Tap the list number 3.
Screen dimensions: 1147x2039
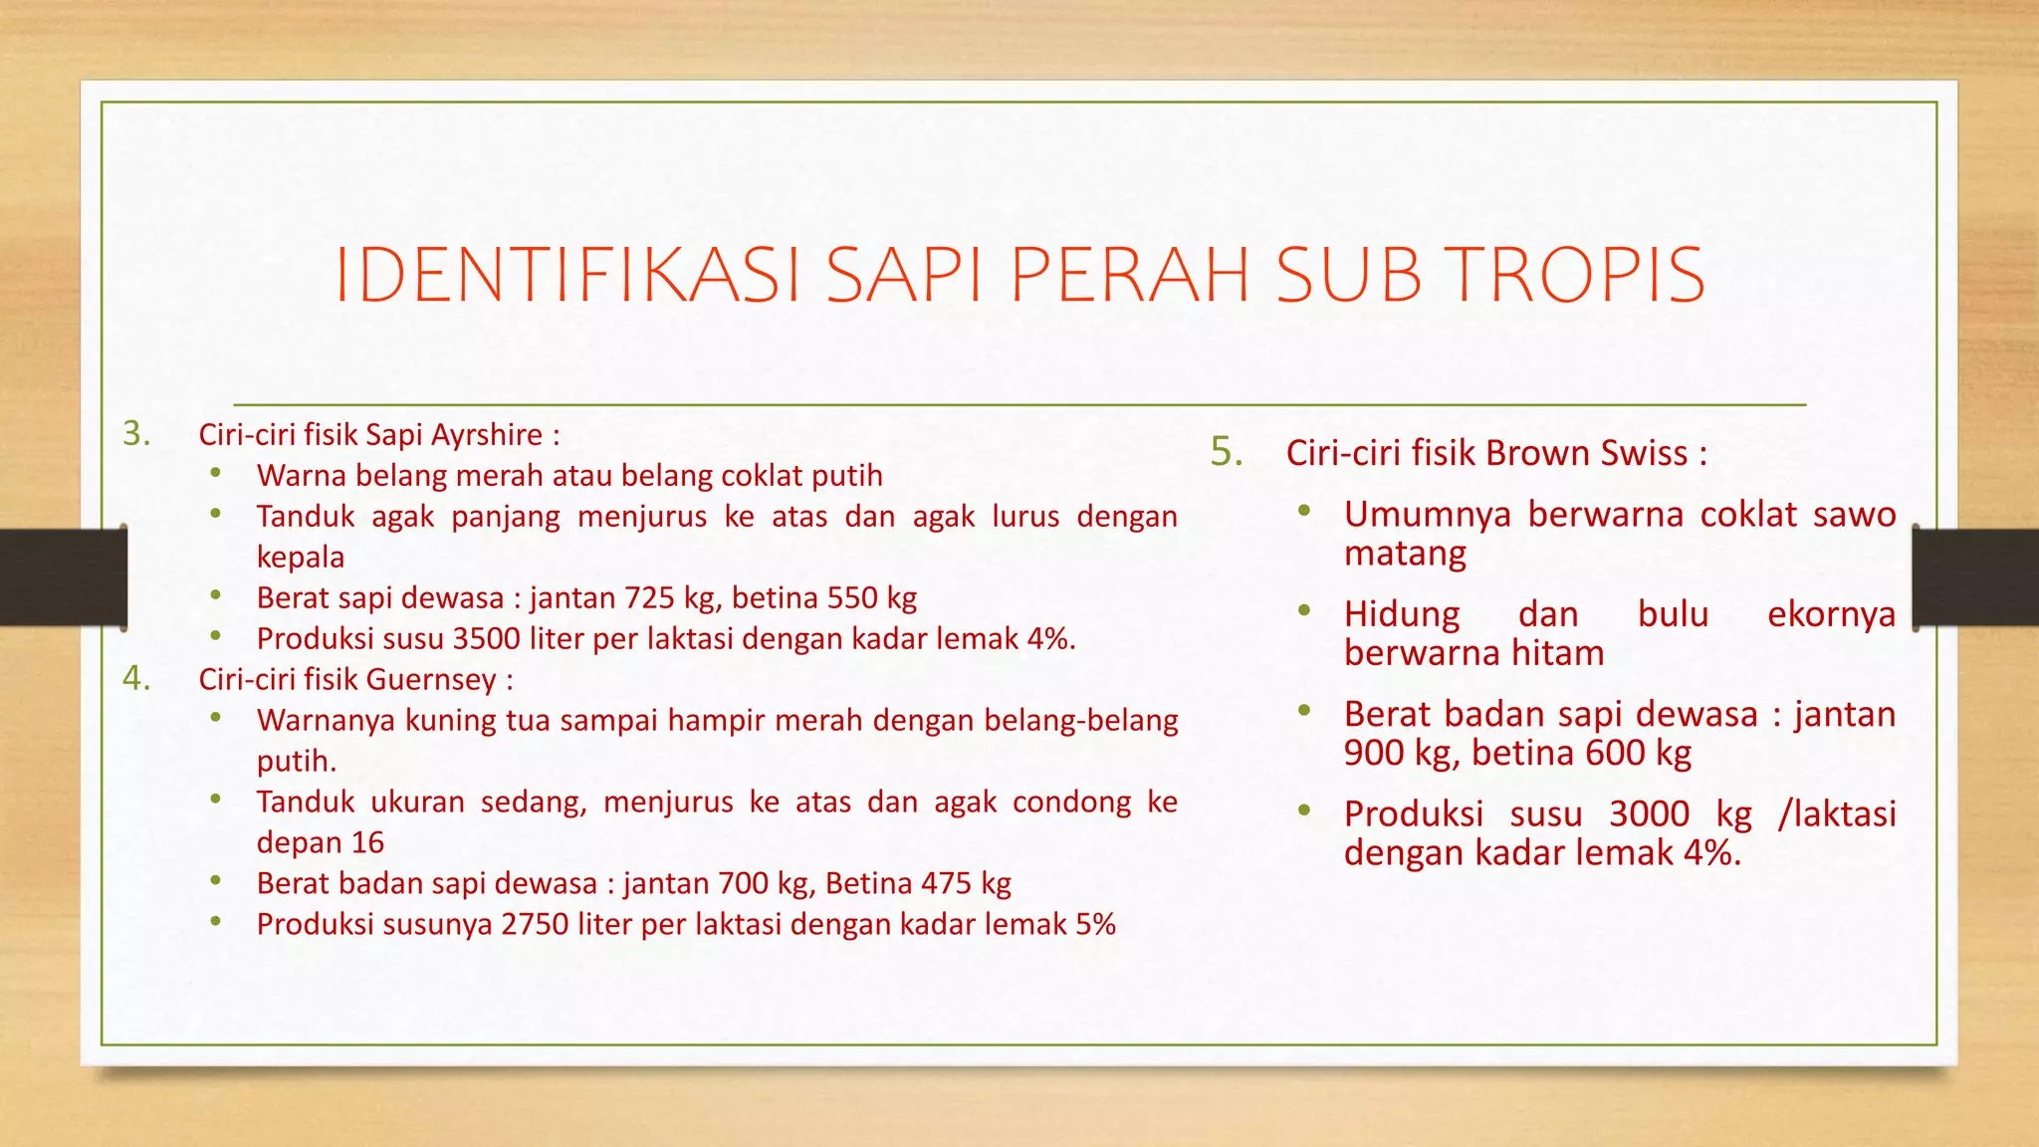point(136,434)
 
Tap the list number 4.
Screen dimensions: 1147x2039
point(136,679)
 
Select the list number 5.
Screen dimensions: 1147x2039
point(1227,452)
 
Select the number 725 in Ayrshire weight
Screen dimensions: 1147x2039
point(650,598)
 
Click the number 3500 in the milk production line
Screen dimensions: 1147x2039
point(487,639)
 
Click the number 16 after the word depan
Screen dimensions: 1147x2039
point(367,843)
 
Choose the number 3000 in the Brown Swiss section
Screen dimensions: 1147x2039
point(1649,814)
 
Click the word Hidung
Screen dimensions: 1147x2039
point(1402,614)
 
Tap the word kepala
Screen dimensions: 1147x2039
point(301,558)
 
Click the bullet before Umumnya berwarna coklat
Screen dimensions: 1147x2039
point(1303,511)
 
